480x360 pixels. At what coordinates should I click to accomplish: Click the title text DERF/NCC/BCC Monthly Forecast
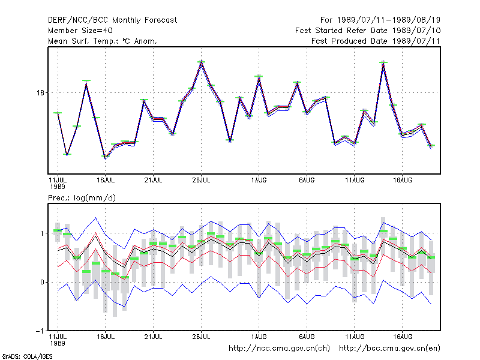tap(112, 20)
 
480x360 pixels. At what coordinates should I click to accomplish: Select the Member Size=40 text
tap(80, 31)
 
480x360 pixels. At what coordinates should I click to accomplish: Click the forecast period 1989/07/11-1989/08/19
tap(388, 20)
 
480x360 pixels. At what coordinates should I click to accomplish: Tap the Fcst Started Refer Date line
tap(368, 31)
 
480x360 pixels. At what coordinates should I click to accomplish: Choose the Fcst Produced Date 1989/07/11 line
tap(376, 41)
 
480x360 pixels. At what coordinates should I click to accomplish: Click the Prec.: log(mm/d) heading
tap(82, 198)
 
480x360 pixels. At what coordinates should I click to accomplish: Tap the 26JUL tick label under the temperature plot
tap(201, 181)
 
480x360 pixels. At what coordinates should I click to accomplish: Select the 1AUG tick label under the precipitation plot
tap(259, 337)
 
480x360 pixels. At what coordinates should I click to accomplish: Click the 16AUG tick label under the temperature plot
tap(403, 181)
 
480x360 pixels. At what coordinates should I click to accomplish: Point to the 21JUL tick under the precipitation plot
tap(153, 337)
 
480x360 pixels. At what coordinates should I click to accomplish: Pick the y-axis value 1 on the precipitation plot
tap(42, 233)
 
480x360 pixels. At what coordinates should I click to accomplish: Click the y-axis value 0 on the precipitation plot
tap(42, 282)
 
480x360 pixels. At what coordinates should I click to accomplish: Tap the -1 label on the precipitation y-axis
tap(40, 331)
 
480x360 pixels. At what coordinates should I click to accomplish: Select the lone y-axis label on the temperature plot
tap(40, 92)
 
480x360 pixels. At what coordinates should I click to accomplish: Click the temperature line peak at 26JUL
tap(201, 62)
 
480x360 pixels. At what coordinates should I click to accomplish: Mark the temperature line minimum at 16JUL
tap(106, 157)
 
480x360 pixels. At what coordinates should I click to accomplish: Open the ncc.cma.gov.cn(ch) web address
tap(279, 349)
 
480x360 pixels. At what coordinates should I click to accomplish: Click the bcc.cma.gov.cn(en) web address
tap(389, 349)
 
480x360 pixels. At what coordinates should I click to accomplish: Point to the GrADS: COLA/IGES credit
tap(27, 356)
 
